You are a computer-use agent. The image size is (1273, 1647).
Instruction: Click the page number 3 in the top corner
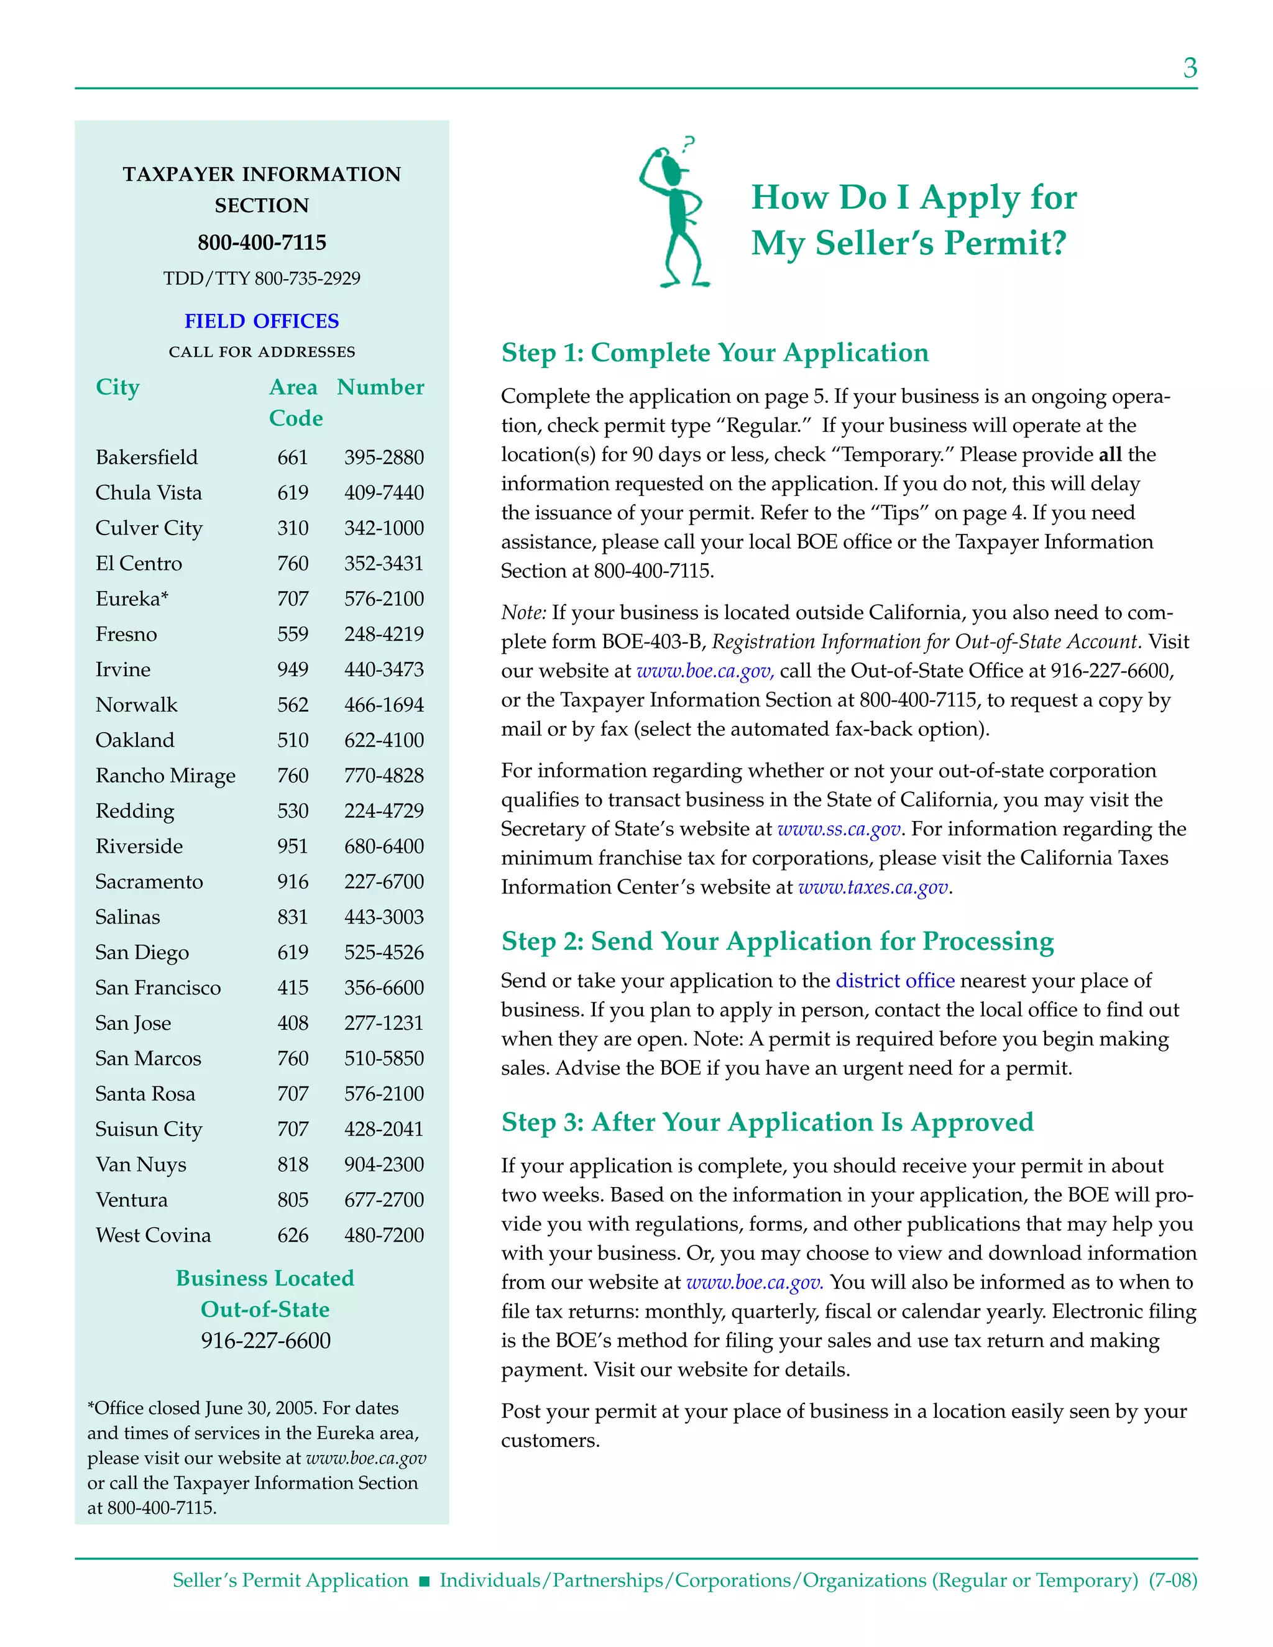[1189, 68]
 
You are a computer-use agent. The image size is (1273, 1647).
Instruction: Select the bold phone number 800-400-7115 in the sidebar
[262, 243]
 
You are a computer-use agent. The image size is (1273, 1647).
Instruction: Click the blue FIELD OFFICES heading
[262, 321]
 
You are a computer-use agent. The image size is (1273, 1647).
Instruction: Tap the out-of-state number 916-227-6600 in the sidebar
[265, 1341]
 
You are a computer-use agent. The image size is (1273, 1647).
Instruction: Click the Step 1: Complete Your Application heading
[714, 353]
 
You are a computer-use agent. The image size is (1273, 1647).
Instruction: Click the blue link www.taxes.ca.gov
[873, 888]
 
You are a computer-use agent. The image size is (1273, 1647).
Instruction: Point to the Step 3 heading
[767, 1122]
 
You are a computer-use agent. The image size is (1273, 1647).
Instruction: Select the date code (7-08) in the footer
[1173, 1580]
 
